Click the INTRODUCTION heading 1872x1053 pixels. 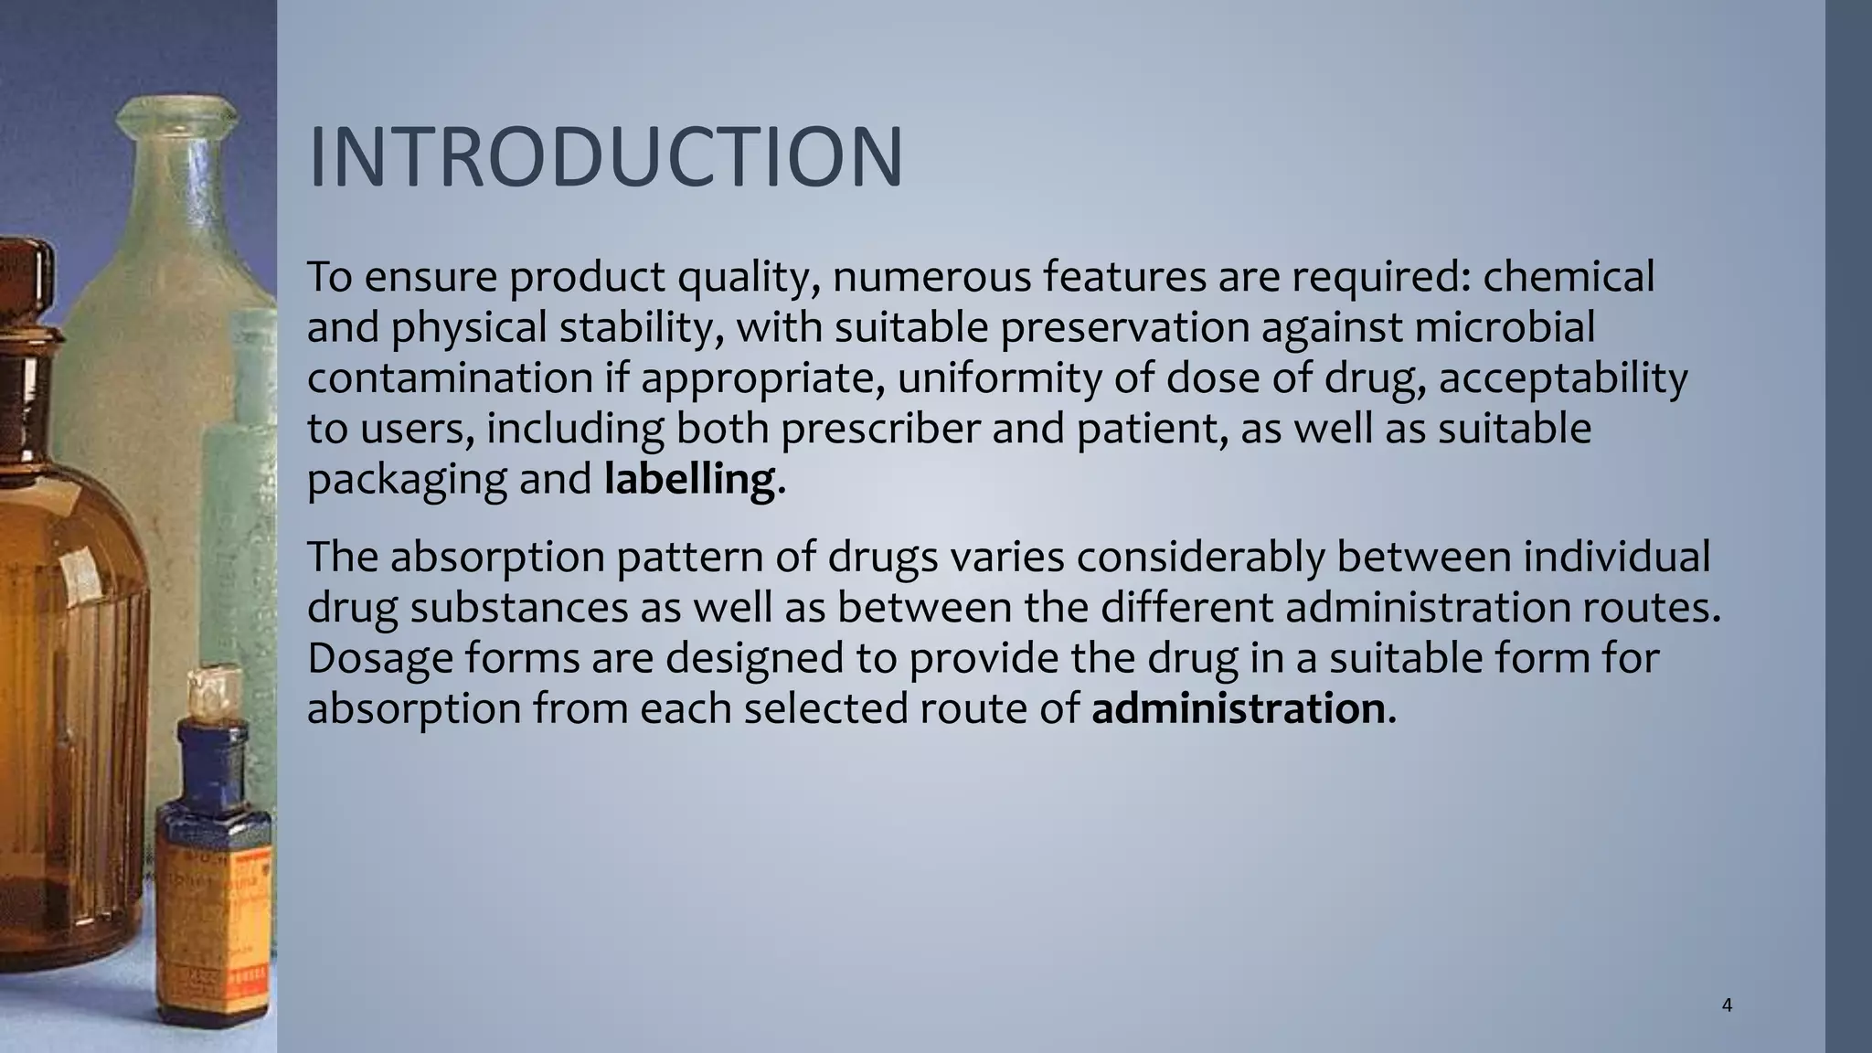pyautogui.click(x=606, y=157)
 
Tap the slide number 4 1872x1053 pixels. pyautogui.click(x=1727, y=1006)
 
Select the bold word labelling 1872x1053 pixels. pyautogui.click(x=689, y=479)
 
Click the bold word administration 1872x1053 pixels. pyautogui.click(x=1239, y=708)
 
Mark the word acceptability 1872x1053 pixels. pyautogui.click(x=1563, y=378)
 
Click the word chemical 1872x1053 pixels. pyautogui.click(x=1569, y=276)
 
